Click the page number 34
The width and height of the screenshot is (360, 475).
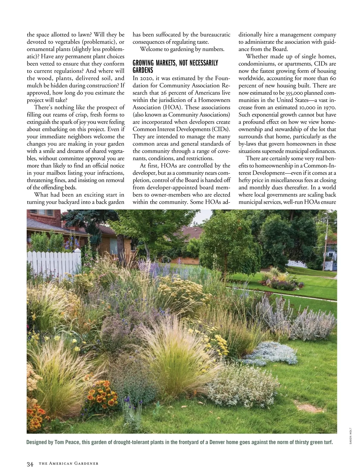(x=30, y=464)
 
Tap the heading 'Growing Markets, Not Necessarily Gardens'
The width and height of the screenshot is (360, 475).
(x=175, y=66)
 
